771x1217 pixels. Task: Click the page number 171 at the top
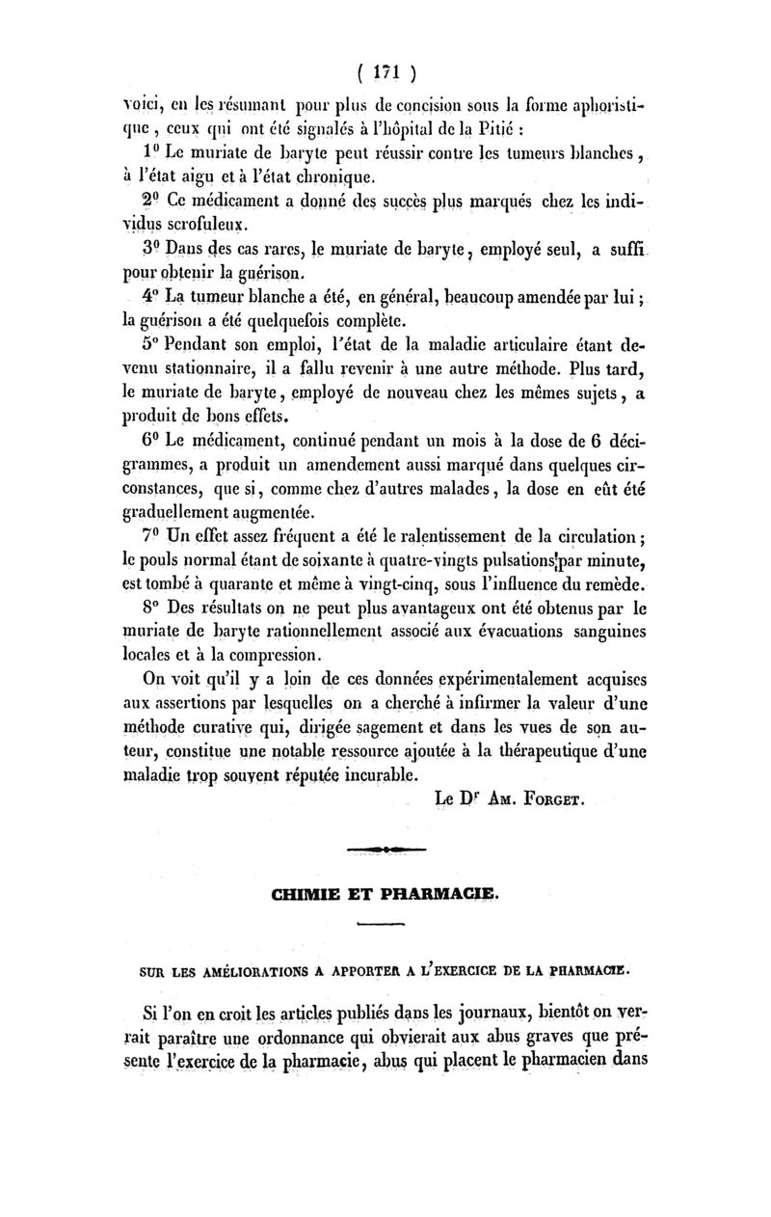[x=386, y=73]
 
